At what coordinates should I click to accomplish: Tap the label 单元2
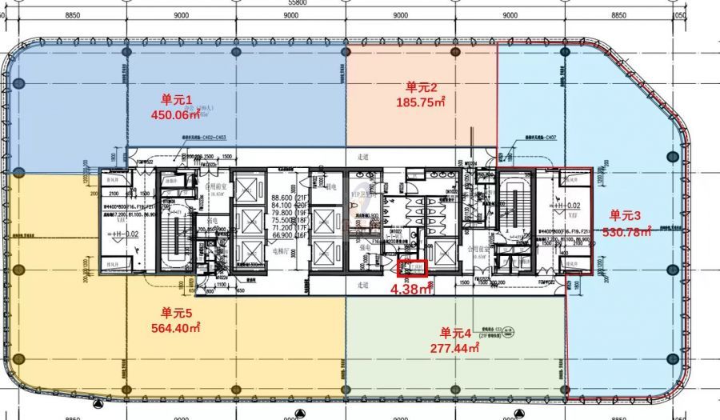[x=421, y=87]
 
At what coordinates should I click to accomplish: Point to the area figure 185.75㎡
[x=421, y=102]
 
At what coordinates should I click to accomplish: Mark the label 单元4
[x=457, y=333]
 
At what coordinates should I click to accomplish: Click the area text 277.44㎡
[x=454, y=347]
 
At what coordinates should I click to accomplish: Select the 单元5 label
[x=178, y=313]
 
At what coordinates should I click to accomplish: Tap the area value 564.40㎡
[x=178, y=327]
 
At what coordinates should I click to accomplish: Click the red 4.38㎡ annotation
[x=411, y=290]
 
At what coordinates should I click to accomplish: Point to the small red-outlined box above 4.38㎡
[x=413, y=268]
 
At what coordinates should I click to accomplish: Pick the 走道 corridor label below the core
[x=364, y=284]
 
